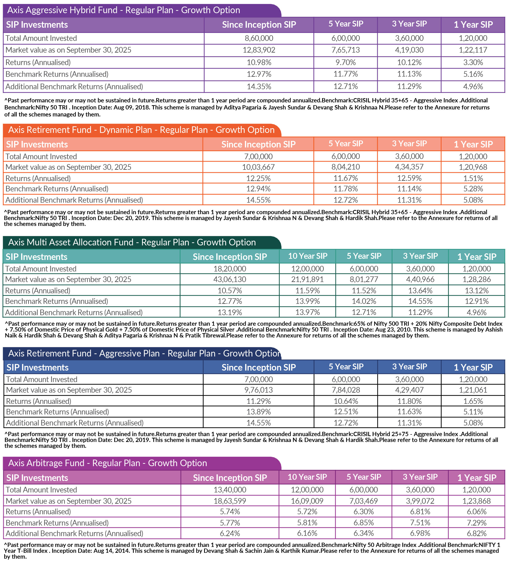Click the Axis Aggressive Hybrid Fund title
click(x=123, y=10)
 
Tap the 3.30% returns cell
click(x=473, y=62)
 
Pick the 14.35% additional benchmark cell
click(x=259, y=86)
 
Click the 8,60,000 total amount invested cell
click(x=259, y=38)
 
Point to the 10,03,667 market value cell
click(x=258, y=167)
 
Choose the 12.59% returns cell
click(x=409, y=178)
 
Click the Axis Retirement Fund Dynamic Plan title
click(x=141, y=130)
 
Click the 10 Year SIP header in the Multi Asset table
click(x=308, y=256)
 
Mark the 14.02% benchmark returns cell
click(x=364, y=301)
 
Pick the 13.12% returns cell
click(x=477, y=291)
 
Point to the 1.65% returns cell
click(x=473, y=401)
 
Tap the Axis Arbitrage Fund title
click(x=107, y=463)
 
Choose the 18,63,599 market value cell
click(x=230, y=501)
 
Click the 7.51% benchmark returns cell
click(x=420, y=523)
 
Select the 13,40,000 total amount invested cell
click(x=230, y=490)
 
